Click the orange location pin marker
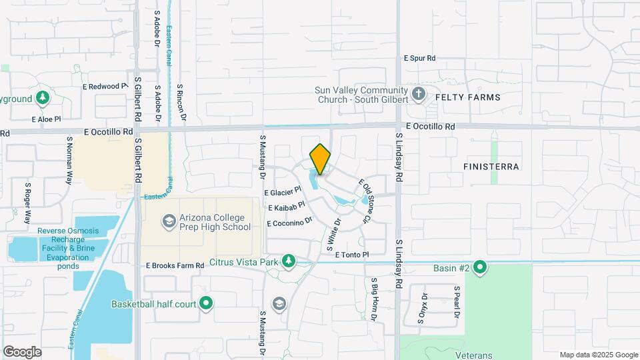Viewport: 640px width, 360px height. pos(320,159)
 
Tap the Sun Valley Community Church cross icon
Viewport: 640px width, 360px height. pos(419,93)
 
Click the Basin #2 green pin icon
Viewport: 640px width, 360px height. pos(479,268)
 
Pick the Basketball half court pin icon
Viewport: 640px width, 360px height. pos(206,304)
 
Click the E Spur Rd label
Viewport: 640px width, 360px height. pos(419,59)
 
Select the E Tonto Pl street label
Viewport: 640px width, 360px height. pos(351,255)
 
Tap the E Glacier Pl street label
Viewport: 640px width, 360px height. pos(283,193)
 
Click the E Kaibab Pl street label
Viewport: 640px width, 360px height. pos(287,207)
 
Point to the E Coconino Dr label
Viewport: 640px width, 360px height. pos(289,222)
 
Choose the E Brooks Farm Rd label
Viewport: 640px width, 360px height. pos(175,265)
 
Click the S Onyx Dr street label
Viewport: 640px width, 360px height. pos(421,307)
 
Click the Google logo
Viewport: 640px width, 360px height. pos(22,352)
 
